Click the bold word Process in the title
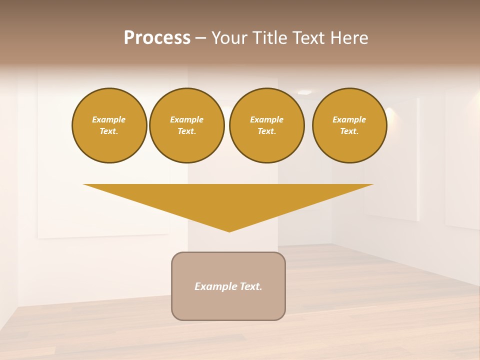pos(157,38)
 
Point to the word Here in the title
pos(350,38)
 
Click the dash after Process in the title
pos(200,38)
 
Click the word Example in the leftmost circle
pos(109,119)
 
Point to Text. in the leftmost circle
pos(109,131)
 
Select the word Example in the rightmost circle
pos(349,119)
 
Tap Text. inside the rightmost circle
pos(349,131)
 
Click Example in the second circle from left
pos(187,119)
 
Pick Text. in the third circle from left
pos(267,131)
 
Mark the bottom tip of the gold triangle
pos(229,230)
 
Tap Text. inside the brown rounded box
pos(251,286)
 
